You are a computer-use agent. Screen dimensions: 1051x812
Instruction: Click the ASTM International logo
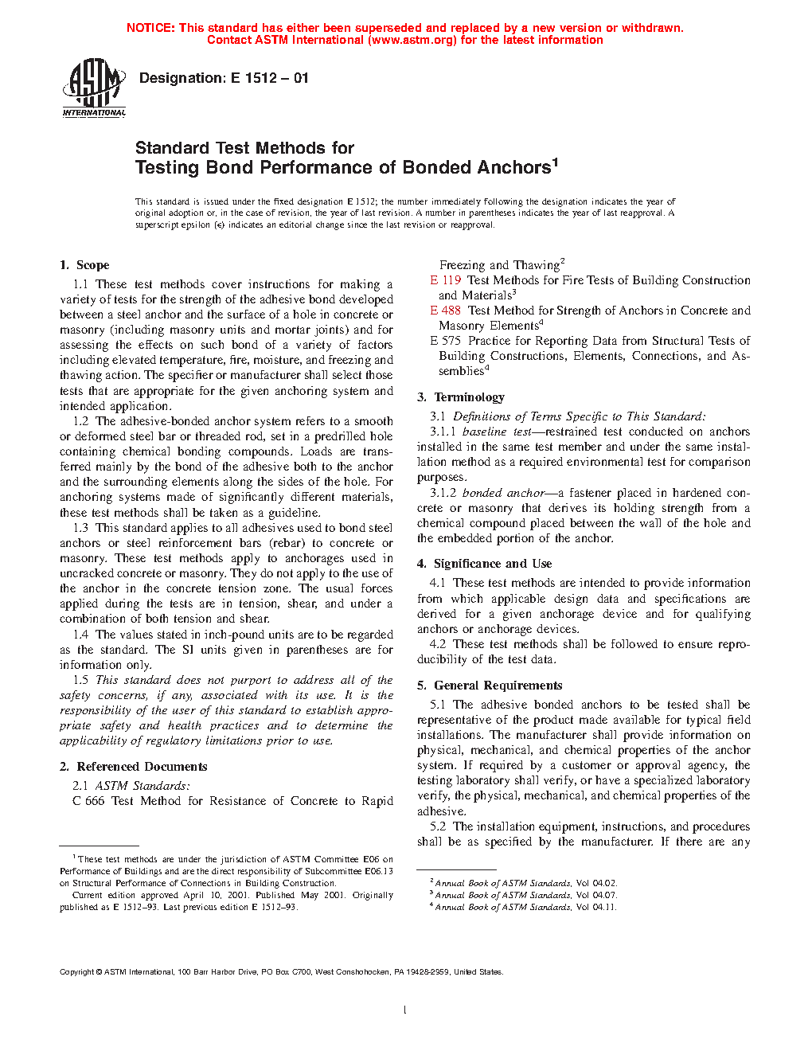tap(94, 88)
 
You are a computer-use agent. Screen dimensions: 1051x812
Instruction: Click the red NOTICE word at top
tap(150, 28)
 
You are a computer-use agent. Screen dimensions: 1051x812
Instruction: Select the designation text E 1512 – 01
tap(269, 78)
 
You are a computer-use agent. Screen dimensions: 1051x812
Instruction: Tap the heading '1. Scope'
tap(84, 265)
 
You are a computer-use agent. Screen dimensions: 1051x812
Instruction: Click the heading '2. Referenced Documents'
tap(133, 767)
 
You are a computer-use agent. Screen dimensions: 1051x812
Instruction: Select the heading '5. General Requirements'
tap(490, 686)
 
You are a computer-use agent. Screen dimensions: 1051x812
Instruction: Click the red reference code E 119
tap(446, 280)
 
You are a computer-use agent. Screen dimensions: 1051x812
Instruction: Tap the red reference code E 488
tap(446, 311)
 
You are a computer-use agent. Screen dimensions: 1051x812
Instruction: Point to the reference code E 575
tap(446, 341)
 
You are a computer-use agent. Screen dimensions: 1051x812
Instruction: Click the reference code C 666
tap(88, 801)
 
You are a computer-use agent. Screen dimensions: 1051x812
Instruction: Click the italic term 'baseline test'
tap(497, 432)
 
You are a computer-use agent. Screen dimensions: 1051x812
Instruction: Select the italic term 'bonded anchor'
tap(503, 493)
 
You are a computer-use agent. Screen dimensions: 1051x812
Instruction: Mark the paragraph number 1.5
tap(80, 680)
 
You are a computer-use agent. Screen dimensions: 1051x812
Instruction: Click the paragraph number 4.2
tap(438, 644)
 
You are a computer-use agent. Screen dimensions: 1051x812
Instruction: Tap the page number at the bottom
tap(405, 1010)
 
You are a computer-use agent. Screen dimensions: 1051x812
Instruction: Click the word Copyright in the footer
tap(77, 971)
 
